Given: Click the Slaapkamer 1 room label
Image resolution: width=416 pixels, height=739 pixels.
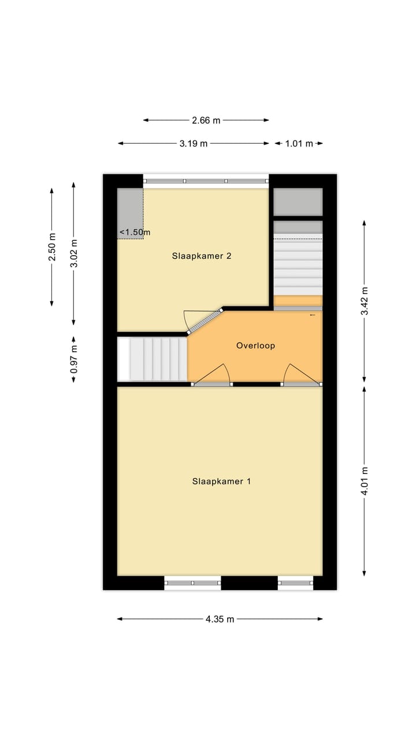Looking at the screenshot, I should pyautogui.click(x=221, y=481).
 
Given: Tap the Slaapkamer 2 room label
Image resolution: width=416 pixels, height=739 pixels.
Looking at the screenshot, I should pyautogui.click(x=202, y=256).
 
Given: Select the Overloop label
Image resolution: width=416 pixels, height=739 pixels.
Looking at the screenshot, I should pyautogui.click(x=255, y=346).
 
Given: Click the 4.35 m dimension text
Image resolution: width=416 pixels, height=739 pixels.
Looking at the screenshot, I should pyautogui.click(x=220, y=619).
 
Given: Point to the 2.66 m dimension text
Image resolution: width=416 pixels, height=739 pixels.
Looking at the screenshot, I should pyautogui.click(x=206, y=120).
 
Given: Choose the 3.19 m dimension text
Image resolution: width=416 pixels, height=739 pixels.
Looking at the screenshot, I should pyautogui.click(x=194, y=143).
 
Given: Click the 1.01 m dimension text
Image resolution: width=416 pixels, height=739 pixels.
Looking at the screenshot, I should pyautogui.click(x=299, y=143).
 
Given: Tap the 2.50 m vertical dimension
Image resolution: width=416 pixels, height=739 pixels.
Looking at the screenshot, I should pyautogui.click(x=52, y=247).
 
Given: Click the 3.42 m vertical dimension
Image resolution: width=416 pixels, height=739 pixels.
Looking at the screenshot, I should pyautogui.click(x=364, y=301).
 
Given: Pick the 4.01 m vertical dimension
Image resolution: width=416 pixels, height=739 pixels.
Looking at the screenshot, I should pyautogui.click(x=364, y=481).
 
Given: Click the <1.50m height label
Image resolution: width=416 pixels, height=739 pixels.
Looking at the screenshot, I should pyautogui.click(x=135, y=233).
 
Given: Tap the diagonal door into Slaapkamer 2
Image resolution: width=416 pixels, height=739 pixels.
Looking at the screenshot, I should pyautogui.click(x=205, y=320).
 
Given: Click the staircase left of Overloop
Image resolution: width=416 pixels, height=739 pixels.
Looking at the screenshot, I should pyautogui.click(x=153, y=359).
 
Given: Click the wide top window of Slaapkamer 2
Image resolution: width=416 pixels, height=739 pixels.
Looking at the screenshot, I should pyautogui.click(x=206, y=181).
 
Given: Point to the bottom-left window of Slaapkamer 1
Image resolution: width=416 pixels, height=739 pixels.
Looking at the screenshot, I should pyautogui.click(x=192, y=583).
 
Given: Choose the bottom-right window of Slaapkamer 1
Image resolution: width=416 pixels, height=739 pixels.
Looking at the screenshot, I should pyautogui.click(x=295, y=583).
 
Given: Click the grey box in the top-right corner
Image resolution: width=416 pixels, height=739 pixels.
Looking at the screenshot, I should pyautogui.click(x=298, y=202).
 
